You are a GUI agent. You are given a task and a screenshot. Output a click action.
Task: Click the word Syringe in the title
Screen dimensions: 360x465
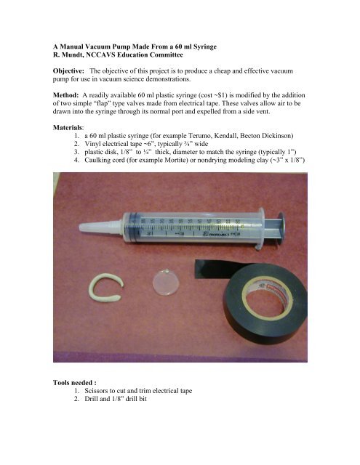pyautogui.click(x=205, y=46)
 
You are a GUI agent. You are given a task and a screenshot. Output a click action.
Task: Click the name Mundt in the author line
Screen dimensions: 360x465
pyautogui.click(x=72, y=55)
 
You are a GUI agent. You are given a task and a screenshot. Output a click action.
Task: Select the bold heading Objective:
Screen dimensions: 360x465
pyautogui.click(x=69, y=71)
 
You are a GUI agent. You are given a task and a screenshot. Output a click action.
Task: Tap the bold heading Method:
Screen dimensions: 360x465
pyautogui.click(x=66, y=95)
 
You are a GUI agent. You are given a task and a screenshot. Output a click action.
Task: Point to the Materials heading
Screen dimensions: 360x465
pyautogui.click(x=68, y=128)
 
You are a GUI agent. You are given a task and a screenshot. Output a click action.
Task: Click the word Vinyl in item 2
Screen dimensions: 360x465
pyautogui.click(x=92, y=144)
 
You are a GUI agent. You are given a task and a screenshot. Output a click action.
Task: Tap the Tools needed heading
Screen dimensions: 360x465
pyautogui.click(x=74, y=383)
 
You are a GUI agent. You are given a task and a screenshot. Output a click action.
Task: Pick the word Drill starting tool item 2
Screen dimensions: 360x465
pyautogui.click(x=91, y=399)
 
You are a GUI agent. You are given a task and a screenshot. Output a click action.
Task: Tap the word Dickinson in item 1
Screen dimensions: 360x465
pyautogui.click(x=279, y=136)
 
